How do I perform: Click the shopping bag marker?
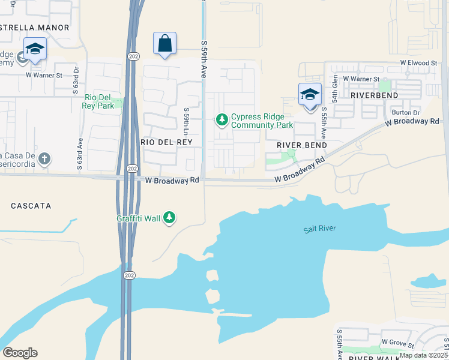tap(164, 44)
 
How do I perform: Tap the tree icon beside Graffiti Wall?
tap(170, 217)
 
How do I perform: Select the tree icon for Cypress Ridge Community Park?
tap(222, 121)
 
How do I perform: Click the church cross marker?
tap(44, 159)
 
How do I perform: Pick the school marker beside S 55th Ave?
tap(310, 95)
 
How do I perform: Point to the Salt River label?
tap(319, 229)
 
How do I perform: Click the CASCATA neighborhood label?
tap(31, 206)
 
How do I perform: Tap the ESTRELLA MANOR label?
tap(34, 28)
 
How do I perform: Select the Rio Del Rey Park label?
tap(99, 101)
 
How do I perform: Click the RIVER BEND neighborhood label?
tap(302, 145)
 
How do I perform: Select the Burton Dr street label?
tap(405, 112)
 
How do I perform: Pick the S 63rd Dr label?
tap(76, 79)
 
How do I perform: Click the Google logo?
tap(20, 353)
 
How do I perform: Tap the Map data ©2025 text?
tap(423, 355)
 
